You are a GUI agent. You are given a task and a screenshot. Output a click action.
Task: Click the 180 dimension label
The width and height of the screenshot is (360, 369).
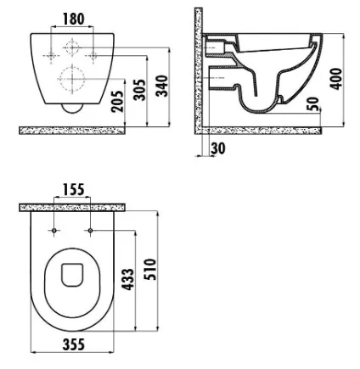74,19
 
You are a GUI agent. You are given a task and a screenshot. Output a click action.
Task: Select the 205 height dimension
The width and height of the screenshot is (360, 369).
117,101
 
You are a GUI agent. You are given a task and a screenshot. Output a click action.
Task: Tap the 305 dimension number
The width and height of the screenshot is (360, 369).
140,90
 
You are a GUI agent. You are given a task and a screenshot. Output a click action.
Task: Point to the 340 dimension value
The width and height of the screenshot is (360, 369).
162,86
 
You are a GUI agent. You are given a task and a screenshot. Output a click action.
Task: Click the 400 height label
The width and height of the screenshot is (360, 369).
336,79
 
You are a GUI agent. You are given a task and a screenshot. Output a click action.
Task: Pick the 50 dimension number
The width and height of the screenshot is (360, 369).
313,104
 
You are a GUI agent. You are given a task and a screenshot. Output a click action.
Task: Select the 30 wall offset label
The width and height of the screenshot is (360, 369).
218,148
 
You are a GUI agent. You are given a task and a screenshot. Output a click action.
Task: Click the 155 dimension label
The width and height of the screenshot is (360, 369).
73,189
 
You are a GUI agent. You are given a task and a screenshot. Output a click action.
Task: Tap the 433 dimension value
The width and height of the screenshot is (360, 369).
127,279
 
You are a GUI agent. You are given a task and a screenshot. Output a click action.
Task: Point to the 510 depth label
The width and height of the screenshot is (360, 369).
150,269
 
